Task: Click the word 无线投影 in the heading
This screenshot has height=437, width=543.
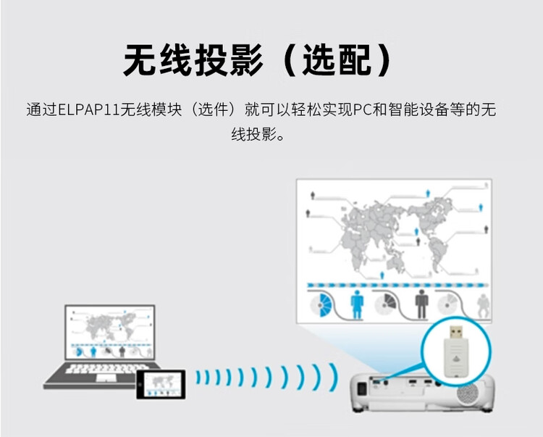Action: (x=193, y=60)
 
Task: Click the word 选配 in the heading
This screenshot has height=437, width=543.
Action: (x=337, y=60)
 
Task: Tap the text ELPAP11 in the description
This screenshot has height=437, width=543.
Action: (x=88, y=110)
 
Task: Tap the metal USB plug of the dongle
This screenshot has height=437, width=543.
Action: (x=456, y=333)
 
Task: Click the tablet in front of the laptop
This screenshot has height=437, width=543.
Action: (x=161, y=384)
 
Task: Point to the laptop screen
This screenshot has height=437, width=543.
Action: (x=110, y=333)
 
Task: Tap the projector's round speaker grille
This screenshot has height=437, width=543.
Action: (x=468, y=394)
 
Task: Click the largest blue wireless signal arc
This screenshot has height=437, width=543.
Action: (x=334, y=377)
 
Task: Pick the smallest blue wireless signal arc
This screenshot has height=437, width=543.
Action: (x=198, y=378)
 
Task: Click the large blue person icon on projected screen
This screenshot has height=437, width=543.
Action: (x=357, y=304)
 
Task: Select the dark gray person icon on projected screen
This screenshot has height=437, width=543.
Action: (x=421, y=304)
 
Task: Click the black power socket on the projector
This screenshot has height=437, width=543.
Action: (x=361, y=388)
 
